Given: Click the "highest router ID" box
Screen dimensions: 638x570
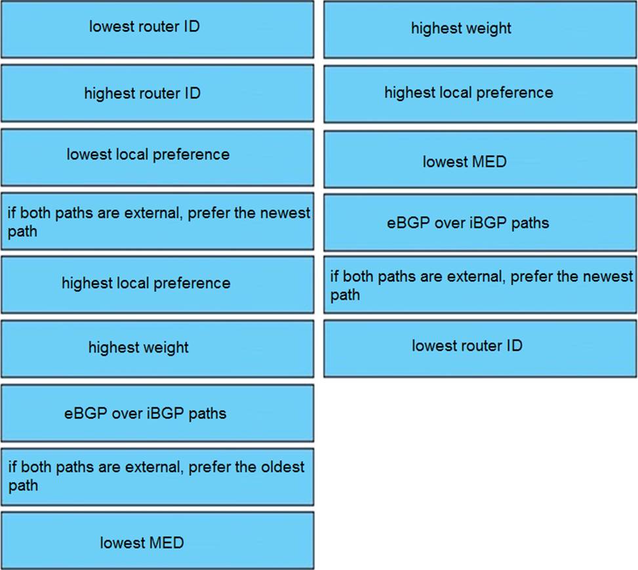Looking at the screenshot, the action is point(157,93).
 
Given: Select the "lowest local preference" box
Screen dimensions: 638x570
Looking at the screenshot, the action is point(157,157).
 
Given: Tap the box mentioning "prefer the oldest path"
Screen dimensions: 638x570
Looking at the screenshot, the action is point(157,477).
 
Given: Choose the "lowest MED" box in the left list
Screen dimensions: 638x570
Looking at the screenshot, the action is point(157,540).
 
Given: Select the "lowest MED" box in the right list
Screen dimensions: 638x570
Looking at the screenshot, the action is point(480,159).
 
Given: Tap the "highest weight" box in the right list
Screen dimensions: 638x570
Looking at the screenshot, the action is point(480,30).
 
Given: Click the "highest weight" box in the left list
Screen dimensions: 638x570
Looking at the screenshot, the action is point(157,349).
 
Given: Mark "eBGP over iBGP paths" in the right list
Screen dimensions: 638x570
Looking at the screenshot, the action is point(480,223).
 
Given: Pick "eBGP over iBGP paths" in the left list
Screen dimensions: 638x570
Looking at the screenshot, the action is point(157,413).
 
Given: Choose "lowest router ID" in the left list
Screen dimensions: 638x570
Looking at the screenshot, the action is point(157,30).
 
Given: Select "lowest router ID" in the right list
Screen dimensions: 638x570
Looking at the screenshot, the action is point(480,348).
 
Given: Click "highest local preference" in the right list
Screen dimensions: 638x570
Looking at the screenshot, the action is point(480,94).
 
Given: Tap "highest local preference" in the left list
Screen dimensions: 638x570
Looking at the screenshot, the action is point(157,285).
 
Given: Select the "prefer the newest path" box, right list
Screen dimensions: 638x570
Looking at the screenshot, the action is point(480,285).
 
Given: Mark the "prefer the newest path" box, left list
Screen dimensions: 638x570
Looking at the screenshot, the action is point(157,221).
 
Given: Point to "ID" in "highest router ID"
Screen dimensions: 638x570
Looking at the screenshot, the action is point(193,93).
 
